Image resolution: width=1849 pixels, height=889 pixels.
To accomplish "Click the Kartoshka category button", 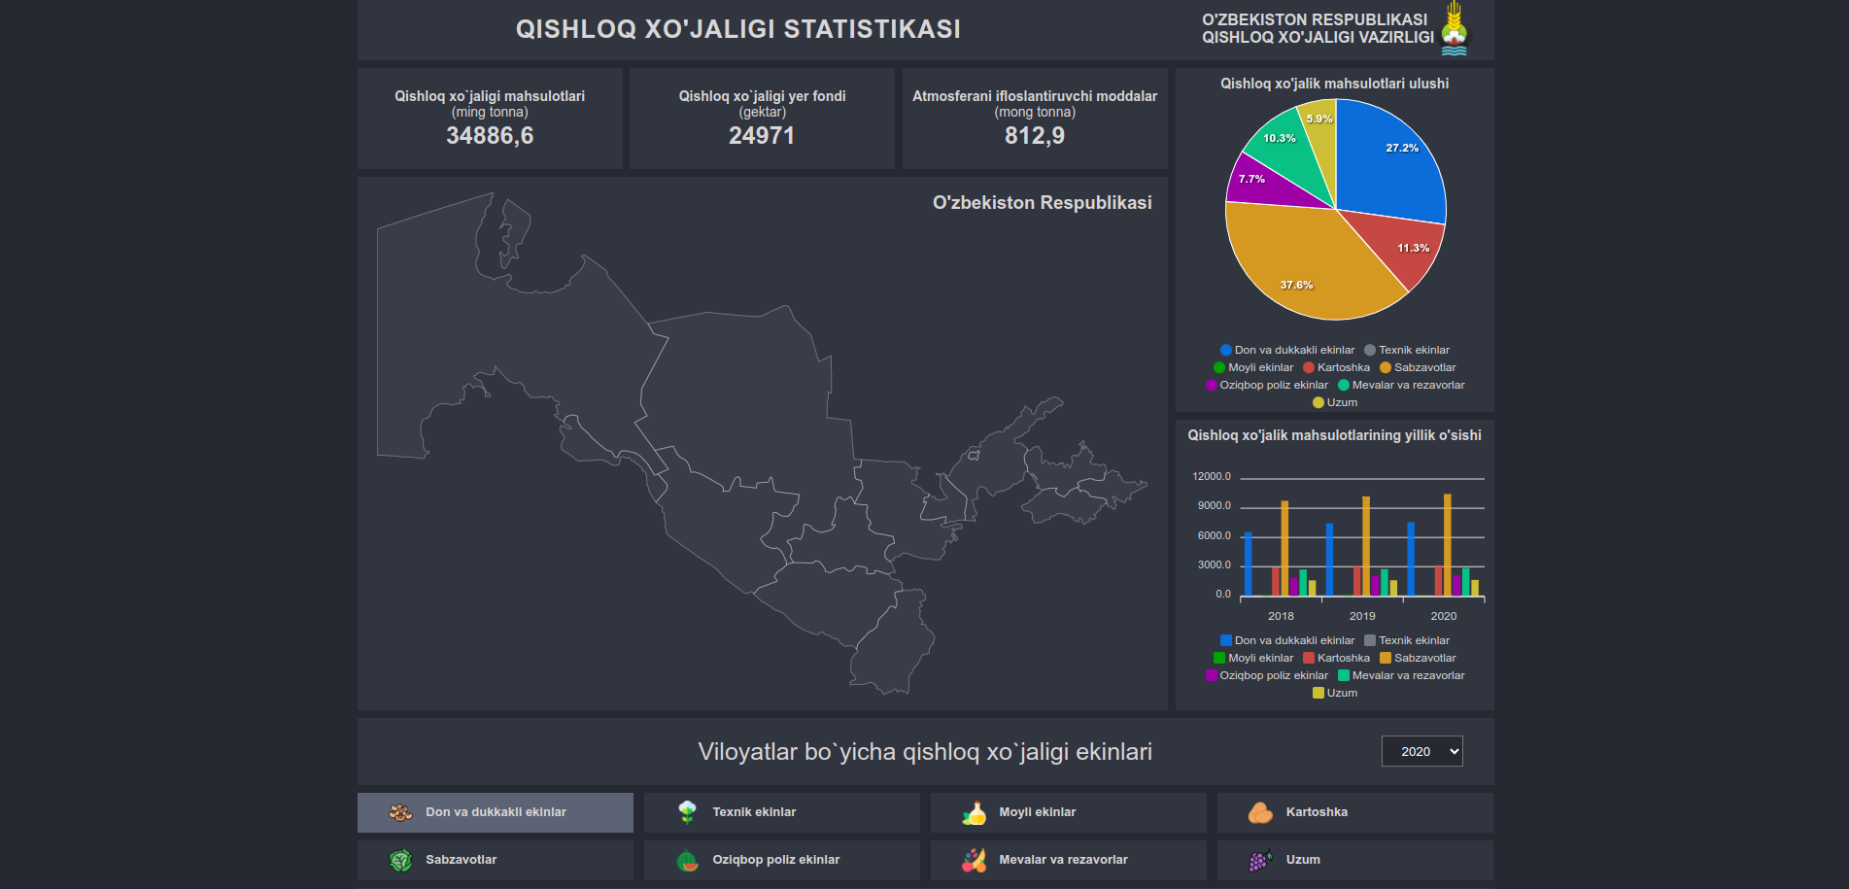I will [x=1354, y=812].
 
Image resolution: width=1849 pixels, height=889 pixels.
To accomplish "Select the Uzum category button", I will [x=1354, y=860].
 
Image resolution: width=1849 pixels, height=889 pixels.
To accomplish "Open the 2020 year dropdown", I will [x=1421, y=751].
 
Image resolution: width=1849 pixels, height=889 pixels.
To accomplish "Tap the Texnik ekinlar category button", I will [x=781, y=812].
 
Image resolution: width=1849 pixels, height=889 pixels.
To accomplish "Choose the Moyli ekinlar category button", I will [x=1068, y=812].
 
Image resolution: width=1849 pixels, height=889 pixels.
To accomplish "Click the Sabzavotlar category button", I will [x=495, y=860].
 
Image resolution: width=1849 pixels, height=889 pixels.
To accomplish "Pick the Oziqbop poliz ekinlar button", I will [x=781, y=860].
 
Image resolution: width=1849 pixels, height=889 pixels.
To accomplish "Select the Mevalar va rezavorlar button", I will [x=1068, y=860].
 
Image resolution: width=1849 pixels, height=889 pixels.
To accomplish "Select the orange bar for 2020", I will [x=1447, y=544].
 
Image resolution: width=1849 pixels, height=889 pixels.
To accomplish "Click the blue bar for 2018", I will [x=1248, y=564].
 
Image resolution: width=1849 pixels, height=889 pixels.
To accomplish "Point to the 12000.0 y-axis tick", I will [x=1212, y=476].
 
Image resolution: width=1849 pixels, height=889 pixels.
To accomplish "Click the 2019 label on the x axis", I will [x=1362, y=616].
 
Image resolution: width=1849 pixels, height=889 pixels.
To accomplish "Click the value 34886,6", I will [x=490, y=136].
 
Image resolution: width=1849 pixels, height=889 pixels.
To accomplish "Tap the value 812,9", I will [x=1035, y=136].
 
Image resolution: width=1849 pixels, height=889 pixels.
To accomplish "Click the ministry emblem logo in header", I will [x=1455, y=28].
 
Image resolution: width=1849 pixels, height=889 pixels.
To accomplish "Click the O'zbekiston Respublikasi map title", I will [x=1042, y=203].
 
